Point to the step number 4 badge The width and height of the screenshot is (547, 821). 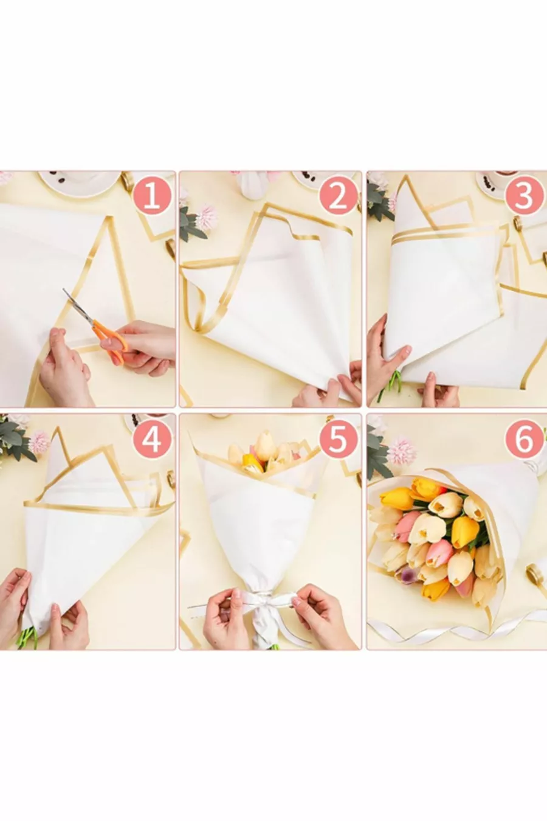coord(151,441)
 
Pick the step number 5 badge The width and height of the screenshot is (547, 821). coord(338,441)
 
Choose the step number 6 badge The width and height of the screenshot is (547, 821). coord(525,441)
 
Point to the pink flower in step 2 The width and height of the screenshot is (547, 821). coord(206,218)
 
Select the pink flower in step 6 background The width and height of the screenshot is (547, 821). coord(402,452)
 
